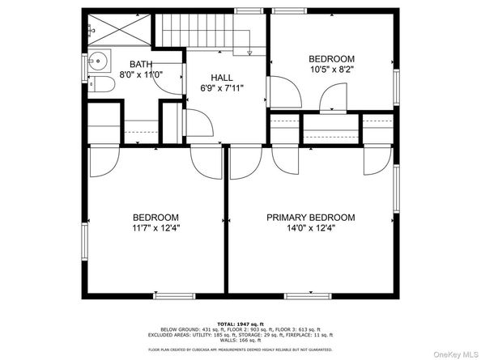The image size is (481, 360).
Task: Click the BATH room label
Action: click(x=141, y=64)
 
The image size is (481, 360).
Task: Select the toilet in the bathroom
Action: click(x=100, y=86)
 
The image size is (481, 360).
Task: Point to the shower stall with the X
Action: click(x=118, y=32)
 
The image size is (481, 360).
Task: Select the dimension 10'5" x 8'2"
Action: click(x=332, y=70)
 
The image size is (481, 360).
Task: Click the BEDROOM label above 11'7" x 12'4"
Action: click(x=155, y=217)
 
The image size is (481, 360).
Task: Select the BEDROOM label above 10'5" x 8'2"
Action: click(x=332, y=59)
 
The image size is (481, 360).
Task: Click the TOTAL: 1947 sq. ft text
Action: click(x=240, y=323)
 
